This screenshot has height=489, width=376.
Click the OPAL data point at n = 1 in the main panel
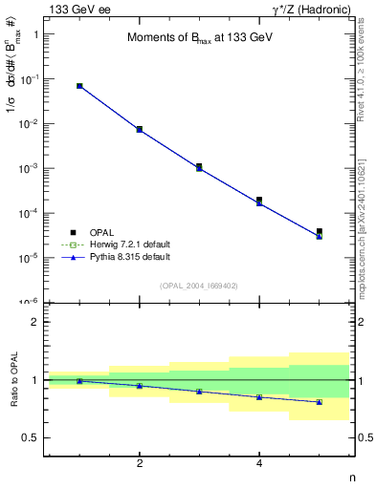79,86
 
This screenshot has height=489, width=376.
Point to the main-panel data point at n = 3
199,166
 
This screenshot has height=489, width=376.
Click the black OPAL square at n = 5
320,231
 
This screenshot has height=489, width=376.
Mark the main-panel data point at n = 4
259,201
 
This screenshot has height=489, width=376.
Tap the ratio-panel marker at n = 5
320,402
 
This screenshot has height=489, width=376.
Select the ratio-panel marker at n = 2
140,386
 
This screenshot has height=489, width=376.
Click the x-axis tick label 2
140,463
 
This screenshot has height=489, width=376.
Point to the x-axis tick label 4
259,463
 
